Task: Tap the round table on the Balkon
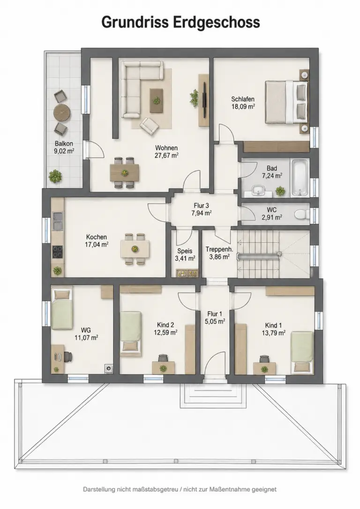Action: [62, 112]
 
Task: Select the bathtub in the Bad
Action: [299, 178]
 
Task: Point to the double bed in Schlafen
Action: [286, 102]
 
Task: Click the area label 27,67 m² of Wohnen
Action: [166, 155]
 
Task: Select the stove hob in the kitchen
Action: [58, 252]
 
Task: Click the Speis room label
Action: [185, 251]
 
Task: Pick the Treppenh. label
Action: [219, 249]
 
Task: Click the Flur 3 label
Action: [202, 206]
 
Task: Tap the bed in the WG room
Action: [61, 309]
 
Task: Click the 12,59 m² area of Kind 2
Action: [165, 333]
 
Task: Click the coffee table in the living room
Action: [157, 100]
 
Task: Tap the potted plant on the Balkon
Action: [55, 176]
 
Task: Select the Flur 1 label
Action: [215, 314]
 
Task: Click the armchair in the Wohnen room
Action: [149, 126]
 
